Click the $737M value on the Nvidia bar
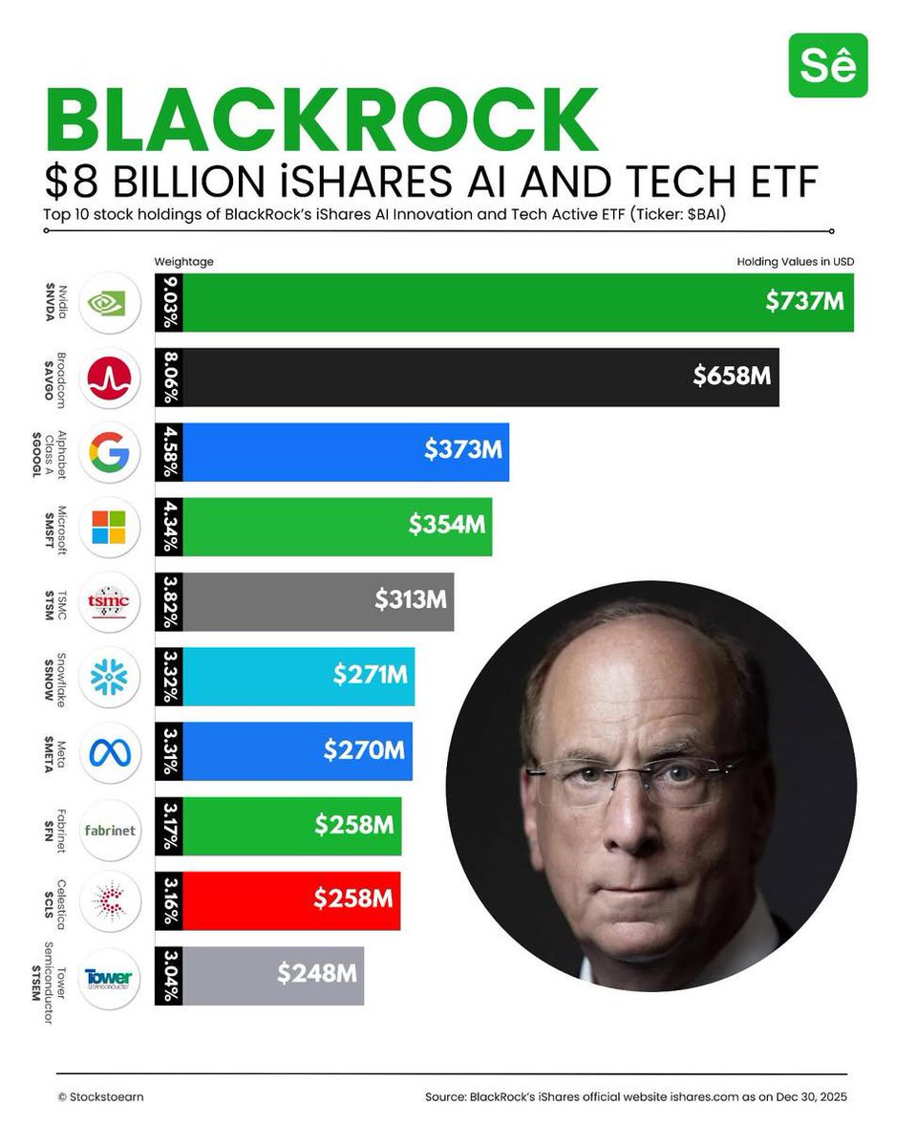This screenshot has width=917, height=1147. [804, 301]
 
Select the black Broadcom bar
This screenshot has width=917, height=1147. [478, 377]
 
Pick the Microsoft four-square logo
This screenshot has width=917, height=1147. [108, 527]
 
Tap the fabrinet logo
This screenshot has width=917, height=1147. [108, 828]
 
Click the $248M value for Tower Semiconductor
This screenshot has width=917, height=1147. [317, 974]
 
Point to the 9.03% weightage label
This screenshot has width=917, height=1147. [168, 303]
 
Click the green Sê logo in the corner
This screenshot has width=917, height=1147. [827, 66]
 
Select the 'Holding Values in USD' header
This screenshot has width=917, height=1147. [795, 261]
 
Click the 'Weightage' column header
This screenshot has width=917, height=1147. [183, 261]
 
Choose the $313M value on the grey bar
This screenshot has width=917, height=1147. [410, 600]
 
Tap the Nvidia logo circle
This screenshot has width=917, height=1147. [108, 303]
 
